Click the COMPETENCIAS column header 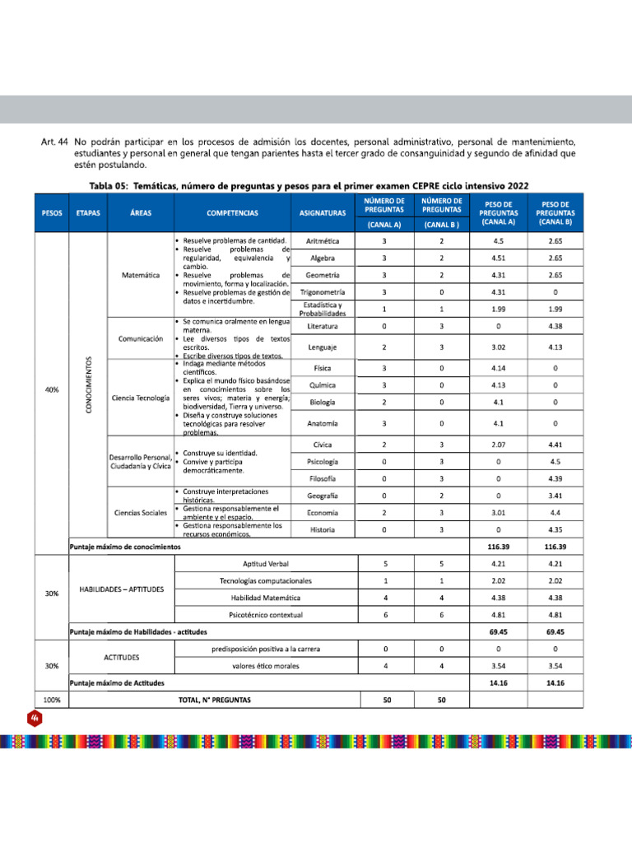tap(232, 212)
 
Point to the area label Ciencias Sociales tap(141, 513)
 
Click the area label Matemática tap(141, 275)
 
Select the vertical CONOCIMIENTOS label tap(89, 385)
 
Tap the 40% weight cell tap(51, 389)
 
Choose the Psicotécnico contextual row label tap(266, 615)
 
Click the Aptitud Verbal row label tap(266, 564)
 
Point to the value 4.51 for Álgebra tap(497, 258)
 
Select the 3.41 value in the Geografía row tap(555, 496)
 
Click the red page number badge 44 tap(36, 719)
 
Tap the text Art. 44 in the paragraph tap(53, 141)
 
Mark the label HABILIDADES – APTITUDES tap(122, 589)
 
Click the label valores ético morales tap(266, 665)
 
